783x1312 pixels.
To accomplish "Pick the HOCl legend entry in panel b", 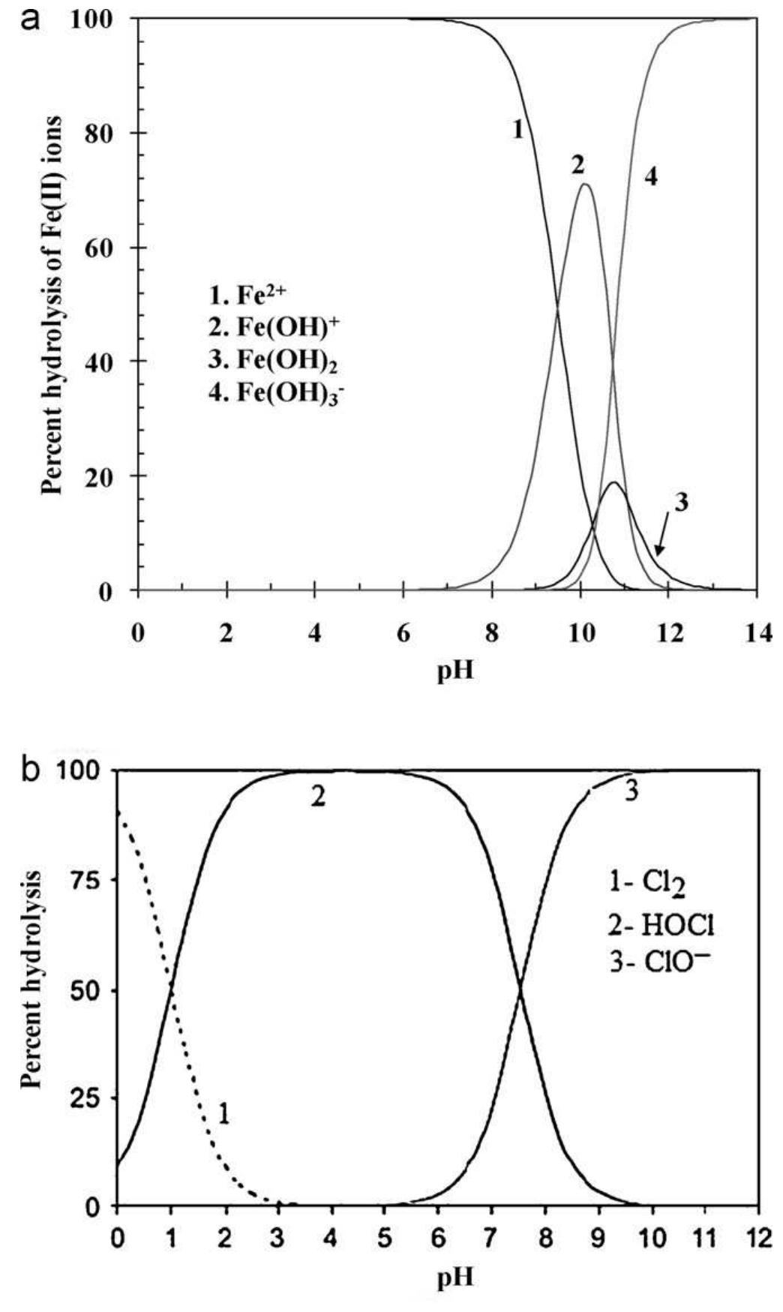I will point(660,926).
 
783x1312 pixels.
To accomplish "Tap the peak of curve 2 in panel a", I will point(584,185).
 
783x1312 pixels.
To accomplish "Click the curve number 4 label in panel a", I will point(650,179).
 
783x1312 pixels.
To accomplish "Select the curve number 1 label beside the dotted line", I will point(223,1114).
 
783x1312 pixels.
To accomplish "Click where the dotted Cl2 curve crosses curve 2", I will point(172,990).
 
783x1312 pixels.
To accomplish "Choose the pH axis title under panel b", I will point(456,1277).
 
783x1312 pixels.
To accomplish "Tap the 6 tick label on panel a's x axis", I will point(403,634).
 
